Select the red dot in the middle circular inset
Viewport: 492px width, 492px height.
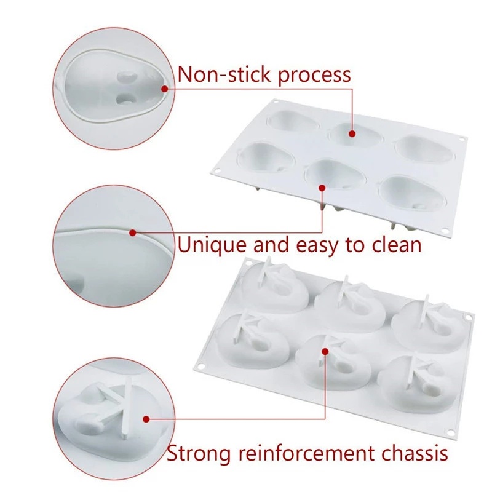(x=132, y=232)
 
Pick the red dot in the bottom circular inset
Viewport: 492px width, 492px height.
(x=146, y=419)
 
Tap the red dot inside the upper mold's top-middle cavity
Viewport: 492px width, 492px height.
(x=353, y=132)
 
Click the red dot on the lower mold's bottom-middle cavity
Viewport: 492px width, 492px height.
(x=325, y=351)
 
